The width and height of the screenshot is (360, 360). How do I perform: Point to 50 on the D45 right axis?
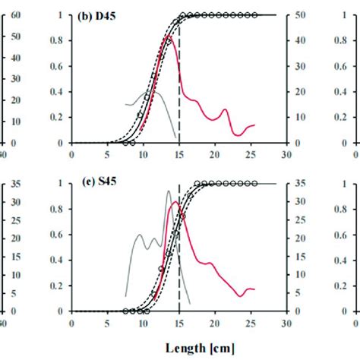tap(300, 15)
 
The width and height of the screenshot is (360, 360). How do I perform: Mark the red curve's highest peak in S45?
tap(175, 202)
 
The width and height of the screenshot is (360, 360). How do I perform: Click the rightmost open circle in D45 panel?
tap(254, 15)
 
